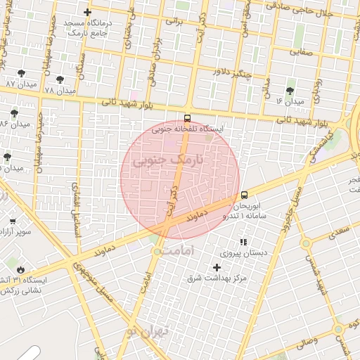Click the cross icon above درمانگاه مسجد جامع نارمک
86,13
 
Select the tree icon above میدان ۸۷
20,72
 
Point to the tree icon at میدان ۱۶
290,90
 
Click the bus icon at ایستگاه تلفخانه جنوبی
187,118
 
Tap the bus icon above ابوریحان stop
244,195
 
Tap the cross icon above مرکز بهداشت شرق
217,267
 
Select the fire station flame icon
20,269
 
